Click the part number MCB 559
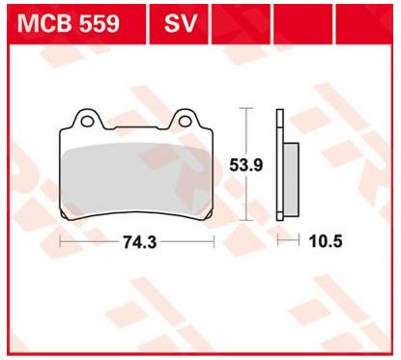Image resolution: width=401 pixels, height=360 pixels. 69,23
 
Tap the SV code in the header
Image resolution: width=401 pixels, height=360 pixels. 180,23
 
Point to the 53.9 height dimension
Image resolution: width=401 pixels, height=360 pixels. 246,165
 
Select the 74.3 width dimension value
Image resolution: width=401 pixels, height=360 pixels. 140,242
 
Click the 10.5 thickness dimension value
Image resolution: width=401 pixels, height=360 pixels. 326,241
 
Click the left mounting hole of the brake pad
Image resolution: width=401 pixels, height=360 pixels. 86,122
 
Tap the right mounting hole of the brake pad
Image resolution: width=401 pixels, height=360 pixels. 185,122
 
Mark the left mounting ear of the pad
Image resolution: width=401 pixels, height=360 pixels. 88,119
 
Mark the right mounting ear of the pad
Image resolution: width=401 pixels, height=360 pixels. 186,119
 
